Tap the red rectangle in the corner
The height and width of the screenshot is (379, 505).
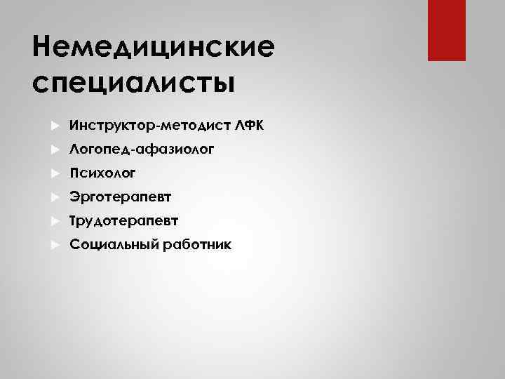point(446,30)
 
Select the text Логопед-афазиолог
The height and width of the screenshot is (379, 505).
point(142,149)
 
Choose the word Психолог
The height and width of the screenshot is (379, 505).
point(102,173)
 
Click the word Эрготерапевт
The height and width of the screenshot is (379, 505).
point(121,197)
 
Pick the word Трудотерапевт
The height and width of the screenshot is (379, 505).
point(124,221)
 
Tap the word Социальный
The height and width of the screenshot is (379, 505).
point(114,245)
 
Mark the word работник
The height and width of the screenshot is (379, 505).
point(198,245)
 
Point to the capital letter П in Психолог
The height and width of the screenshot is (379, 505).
point(74,173)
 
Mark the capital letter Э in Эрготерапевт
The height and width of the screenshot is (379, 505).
point(74,197)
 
